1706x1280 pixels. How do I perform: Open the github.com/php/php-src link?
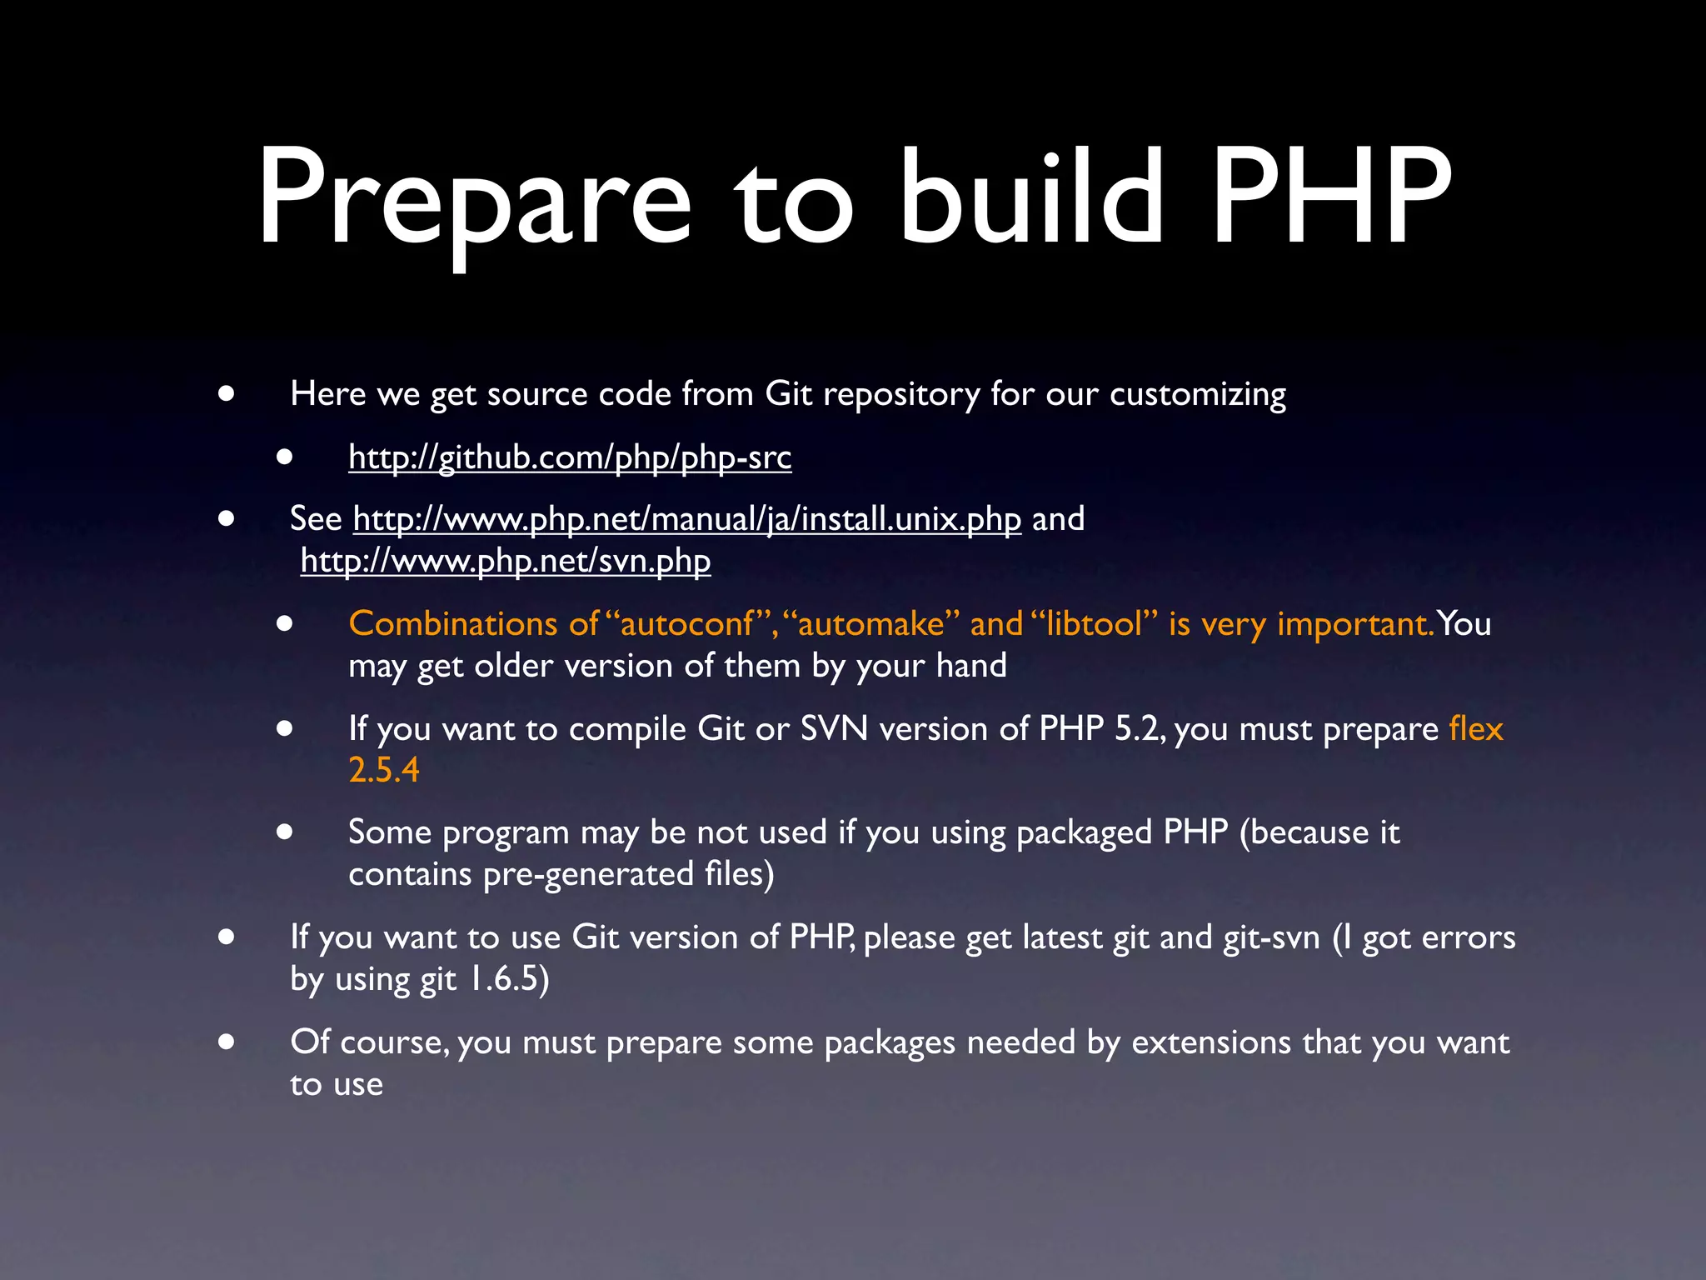tap(570, 457)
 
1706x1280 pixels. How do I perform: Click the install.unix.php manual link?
tap(686, 519)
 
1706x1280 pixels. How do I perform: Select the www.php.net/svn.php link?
tap(506, 561)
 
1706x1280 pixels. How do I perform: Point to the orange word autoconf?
tap(687, 624)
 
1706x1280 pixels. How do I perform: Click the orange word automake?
tap(870, 624)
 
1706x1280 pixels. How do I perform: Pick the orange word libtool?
tap(1094, 624)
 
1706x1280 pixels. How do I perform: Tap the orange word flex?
tap(1475, 728)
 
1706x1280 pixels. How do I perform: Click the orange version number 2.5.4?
tap(384, 770)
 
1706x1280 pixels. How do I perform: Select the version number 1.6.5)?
tap(508, 979)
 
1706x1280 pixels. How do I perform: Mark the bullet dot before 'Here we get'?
tap(226, 393)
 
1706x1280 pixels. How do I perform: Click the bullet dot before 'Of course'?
tap(226, 1042)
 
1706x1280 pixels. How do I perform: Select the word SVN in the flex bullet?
tap(834, 728)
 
